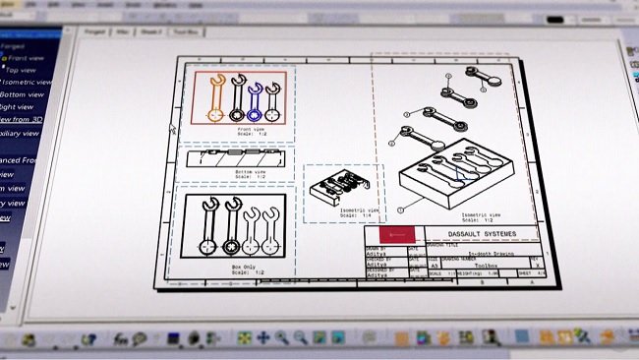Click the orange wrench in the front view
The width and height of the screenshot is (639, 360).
click(214, 95)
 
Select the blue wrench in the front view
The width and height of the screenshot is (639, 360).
click(256, 98)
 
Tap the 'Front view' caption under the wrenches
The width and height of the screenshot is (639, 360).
click(250, 128)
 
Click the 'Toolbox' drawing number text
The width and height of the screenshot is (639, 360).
click(485, 266)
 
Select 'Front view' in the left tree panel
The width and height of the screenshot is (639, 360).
click(29, 59)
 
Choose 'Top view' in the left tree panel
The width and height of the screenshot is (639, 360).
click(25, 71)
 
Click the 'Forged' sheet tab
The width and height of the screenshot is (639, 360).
click(95, 32)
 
